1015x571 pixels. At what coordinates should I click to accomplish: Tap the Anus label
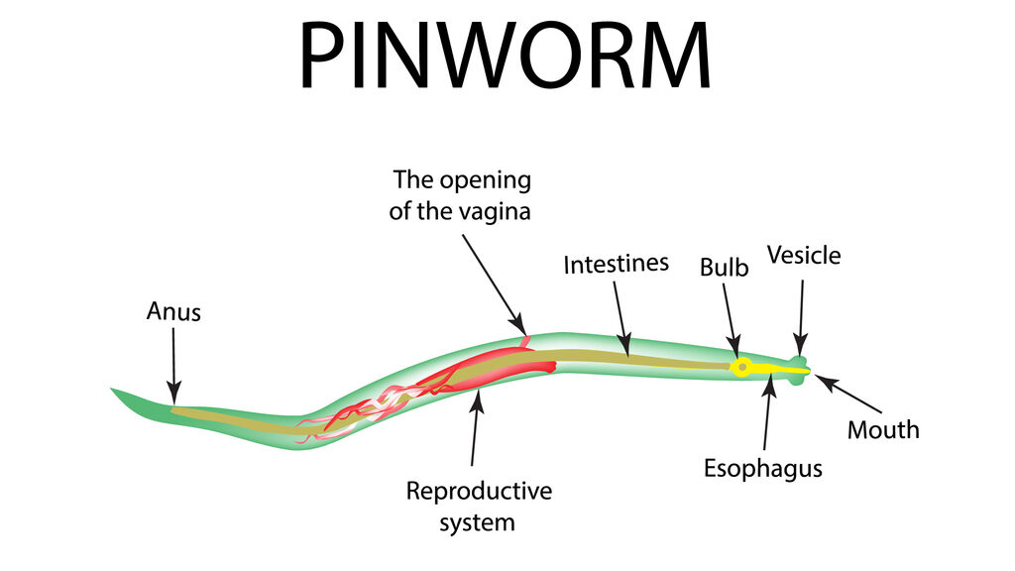point(173,311)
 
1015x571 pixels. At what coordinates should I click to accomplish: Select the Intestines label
point(616,265)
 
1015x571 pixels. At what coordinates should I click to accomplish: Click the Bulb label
point(724,267)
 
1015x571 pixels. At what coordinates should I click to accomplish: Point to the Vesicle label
point(803,255)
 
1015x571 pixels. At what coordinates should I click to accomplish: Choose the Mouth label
point(882,429)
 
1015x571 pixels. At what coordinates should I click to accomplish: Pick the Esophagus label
point(762,467)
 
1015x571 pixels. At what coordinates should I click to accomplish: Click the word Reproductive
point(478,491)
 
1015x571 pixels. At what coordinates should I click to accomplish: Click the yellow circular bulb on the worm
point(739,368)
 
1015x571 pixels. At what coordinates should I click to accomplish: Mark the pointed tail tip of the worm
point(113,391)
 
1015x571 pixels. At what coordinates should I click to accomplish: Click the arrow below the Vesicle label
point(801,317)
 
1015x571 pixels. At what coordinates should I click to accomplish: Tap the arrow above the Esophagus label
point(767,415)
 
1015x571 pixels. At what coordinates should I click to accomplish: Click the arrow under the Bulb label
point(732,319)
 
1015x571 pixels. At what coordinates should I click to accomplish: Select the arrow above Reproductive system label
point(476,427)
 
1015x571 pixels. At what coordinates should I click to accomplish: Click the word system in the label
point(478,521)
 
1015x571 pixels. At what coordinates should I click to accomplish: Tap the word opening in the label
point(482,180)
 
